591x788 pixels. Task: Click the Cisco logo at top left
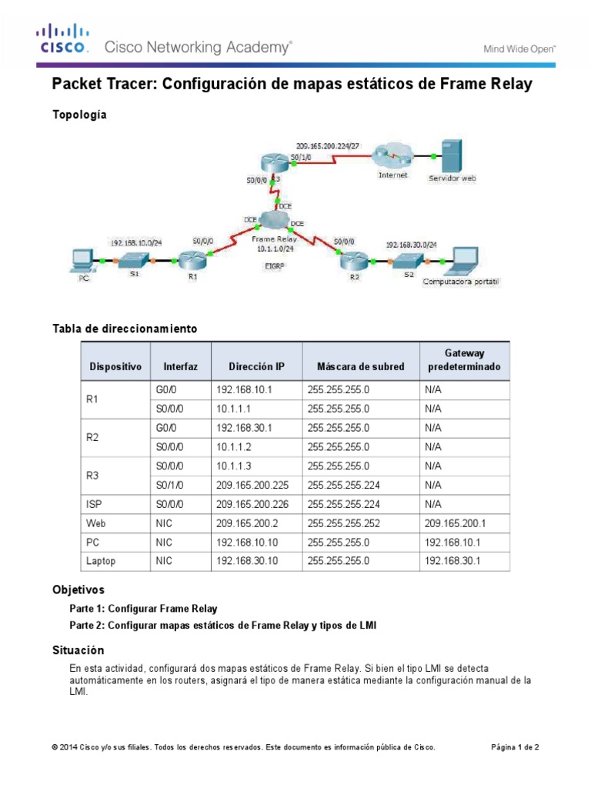63,40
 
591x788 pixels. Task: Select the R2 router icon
353,260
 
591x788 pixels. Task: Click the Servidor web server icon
451,155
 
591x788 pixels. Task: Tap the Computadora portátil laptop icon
465,262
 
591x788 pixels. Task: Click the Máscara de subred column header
355,366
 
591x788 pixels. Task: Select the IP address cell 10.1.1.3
233,466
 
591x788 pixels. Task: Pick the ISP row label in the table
93,504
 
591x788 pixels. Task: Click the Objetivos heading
78,590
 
